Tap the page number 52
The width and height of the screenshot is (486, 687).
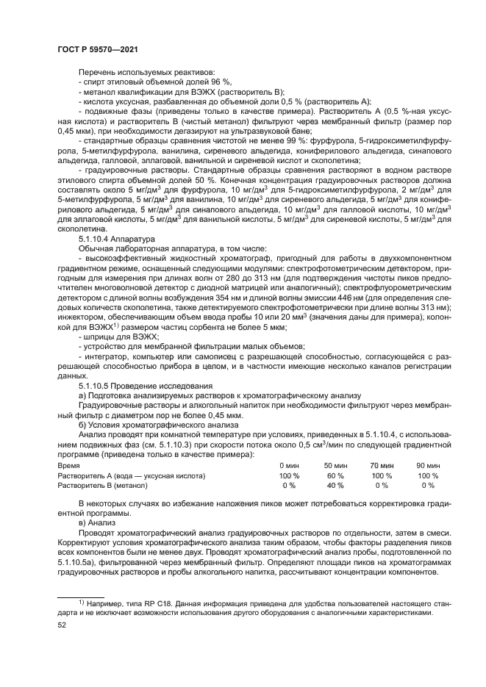tap(62, 625)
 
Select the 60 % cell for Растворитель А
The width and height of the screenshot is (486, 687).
tap(335, 476)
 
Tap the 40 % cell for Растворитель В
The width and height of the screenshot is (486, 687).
tap(335, 486)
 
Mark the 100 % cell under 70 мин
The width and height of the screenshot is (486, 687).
tap(382, 476)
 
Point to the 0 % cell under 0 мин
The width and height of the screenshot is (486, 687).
tap(289, 486)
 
